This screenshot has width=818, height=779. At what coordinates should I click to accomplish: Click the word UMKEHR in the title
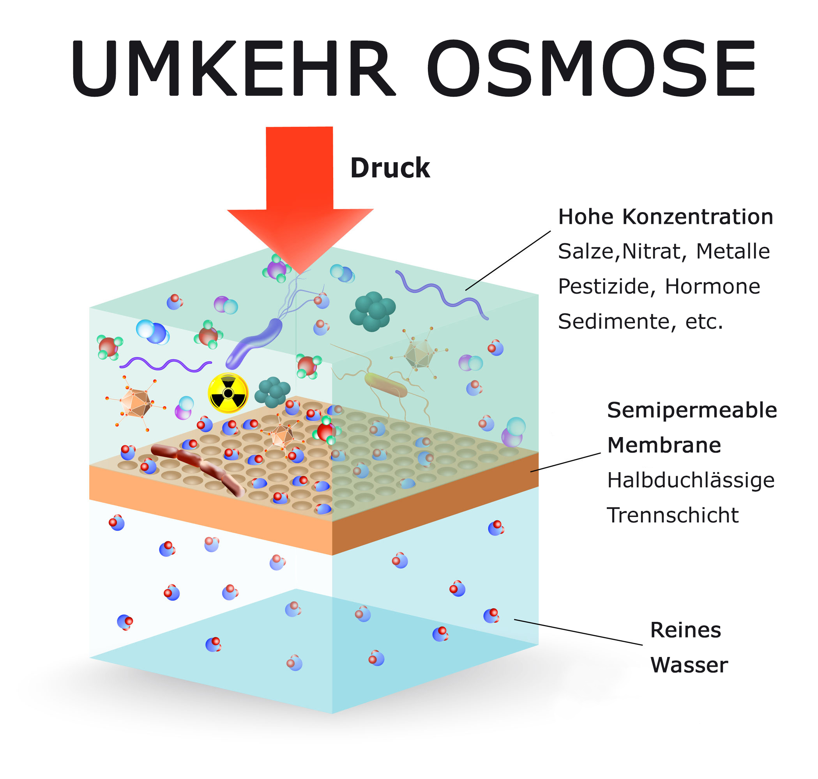click(232, 69)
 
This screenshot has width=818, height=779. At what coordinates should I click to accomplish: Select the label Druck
click(390, 168)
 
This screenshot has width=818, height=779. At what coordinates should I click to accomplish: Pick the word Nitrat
click(651, 251)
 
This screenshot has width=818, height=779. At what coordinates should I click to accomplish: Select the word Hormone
click(712, 287)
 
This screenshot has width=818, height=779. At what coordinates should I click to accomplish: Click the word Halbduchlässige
click(691, 480)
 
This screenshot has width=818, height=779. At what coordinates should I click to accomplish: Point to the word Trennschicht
click(673, 515)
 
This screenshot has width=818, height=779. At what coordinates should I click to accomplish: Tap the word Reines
click(685, 630)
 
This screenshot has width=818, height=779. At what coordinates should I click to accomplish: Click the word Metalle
click(733, 251)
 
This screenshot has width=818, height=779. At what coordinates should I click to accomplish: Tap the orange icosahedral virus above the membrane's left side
click(135, 402)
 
